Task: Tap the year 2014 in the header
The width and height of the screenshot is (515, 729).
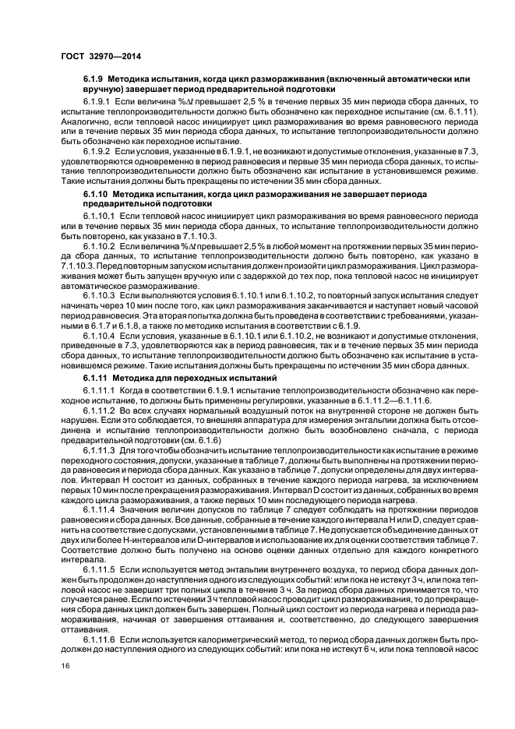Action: [128, 56]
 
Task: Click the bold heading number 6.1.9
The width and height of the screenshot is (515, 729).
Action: [95, 80]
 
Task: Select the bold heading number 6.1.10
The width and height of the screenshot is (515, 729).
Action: [97, 213]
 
